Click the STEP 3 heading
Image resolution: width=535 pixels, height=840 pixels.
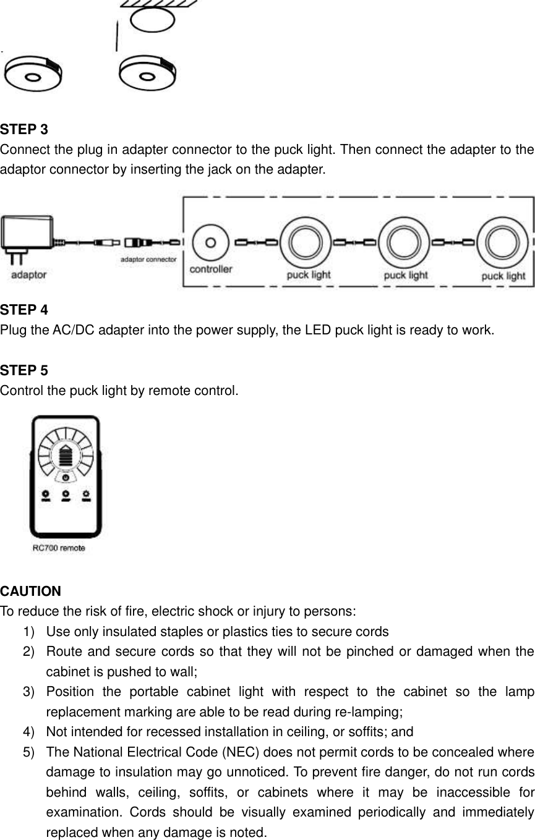[x=24, y=130]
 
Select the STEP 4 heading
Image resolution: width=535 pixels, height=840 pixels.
[x=24, y=309]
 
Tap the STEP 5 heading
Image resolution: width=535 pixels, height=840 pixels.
[x=24, y=371]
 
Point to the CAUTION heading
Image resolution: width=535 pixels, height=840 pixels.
[x=31, y=592]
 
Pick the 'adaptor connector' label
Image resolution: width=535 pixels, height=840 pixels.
[x=148, y=260]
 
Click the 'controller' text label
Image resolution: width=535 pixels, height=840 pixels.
[x=211, y=269]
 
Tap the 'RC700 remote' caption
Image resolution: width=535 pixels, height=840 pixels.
[x=59, y=548]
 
